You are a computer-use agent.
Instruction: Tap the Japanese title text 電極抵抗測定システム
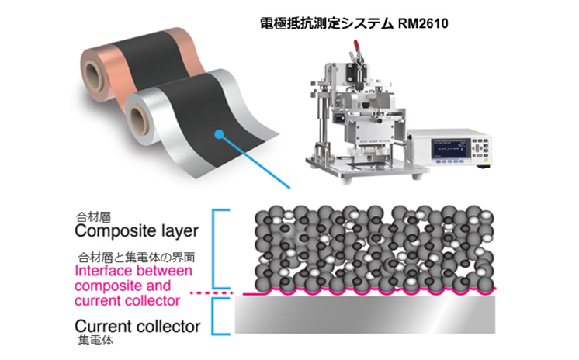click(327, 23)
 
